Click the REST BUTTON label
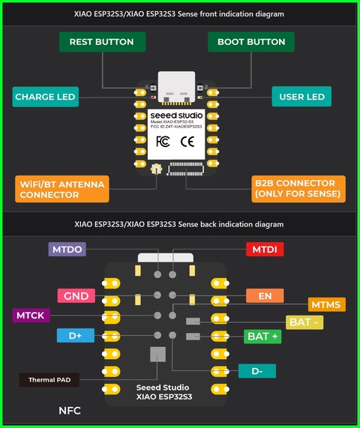[101, 42]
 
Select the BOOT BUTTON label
[251, 42]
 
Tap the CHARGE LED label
[45, 97]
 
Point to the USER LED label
[301, 97]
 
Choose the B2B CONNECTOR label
[298, 189]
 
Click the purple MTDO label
[67, 249]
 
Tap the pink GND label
[76, 296]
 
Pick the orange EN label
[265, 296]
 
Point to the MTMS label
[327, 304]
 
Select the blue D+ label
[75, 336]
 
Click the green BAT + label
[263, 337]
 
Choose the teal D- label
[257, 370]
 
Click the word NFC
[69, 411]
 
